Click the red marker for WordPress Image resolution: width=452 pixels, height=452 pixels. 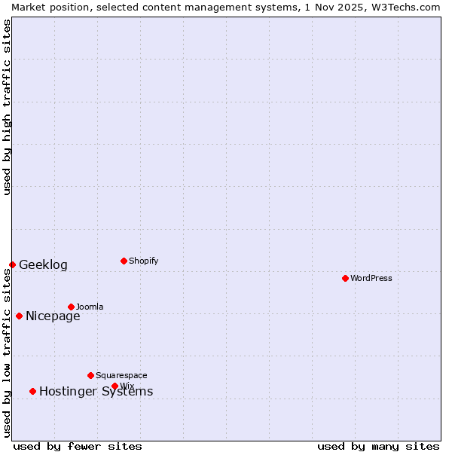click(x=345, y=278)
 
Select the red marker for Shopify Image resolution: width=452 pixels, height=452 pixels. click(x=124, y=261)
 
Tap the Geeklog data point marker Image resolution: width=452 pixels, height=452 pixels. click(x=12, y=264)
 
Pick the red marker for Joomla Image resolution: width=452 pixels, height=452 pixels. click(x=71, y=307)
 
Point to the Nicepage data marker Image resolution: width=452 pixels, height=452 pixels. click(x=19, y=316)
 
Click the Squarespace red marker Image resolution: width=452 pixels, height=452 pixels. click(x=90, y=375)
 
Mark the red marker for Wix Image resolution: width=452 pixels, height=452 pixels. click(x=115, y=386)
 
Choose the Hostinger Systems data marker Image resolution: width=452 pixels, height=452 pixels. click(x=32, y=391)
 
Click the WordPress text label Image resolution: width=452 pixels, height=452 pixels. click(x=371, y=278)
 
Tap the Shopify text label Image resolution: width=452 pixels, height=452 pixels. click(x=144, y=261)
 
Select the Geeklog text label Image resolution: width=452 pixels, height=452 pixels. click(x=43, y=264)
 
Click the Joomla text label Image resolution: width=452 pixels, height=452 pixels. click(x=90, y=307)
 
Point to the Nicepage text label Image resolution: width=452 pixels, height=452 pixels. click(x=53, y=316)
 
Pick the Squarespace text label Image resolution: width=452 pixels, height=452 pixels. click(x=121, y=375)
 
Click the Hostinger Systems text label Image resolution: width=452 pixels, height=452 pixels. click(x=96, y=391)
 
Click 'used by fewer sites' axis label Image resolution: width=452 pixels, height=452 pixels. click(x=78, y=446)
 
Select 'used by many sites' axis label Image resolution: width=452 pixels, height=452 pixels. click(x=378, y=446)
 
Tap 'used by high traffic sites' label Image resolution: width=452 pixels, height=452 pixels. click(x=7, y=107)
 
